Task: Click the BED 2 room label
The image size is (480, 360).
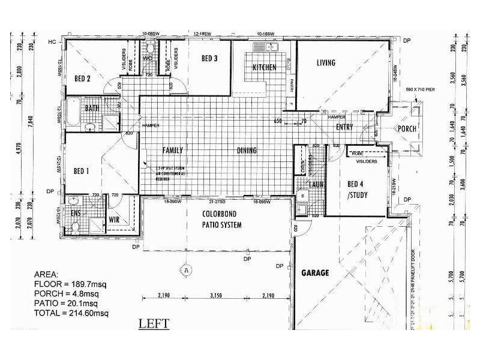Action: coord(82,79)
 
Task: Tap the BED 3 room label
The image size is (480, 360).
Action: coord(209,58)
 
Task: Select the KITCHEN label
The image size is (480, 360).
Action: coord(264,67)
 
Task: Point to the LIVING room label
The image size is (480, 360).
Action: coord(326,63)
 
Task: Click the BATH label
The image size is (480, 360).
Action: coord(92,109)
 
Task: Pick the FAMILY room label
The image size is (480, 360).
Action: coord(172,151)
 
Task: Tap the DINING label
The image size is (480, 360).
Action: coord(247,151)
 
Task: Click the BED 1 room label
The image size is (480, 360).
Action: coord(81,171)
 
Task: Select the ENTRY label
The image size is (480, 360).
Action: coord(344,127)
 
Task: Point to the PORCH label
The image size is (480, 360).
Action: coord(404,130)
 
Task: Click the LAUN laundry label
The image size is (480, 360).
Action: coord(317,184)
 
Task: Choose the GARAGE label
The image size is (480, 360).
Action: coord(315,273)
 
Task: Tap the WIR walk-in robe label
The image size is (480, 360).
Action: coord(114,220)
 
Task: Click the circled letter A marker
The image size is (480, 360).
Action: coord(187,269)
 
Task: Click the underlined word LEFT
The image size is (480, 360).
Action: coord(154,325)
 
